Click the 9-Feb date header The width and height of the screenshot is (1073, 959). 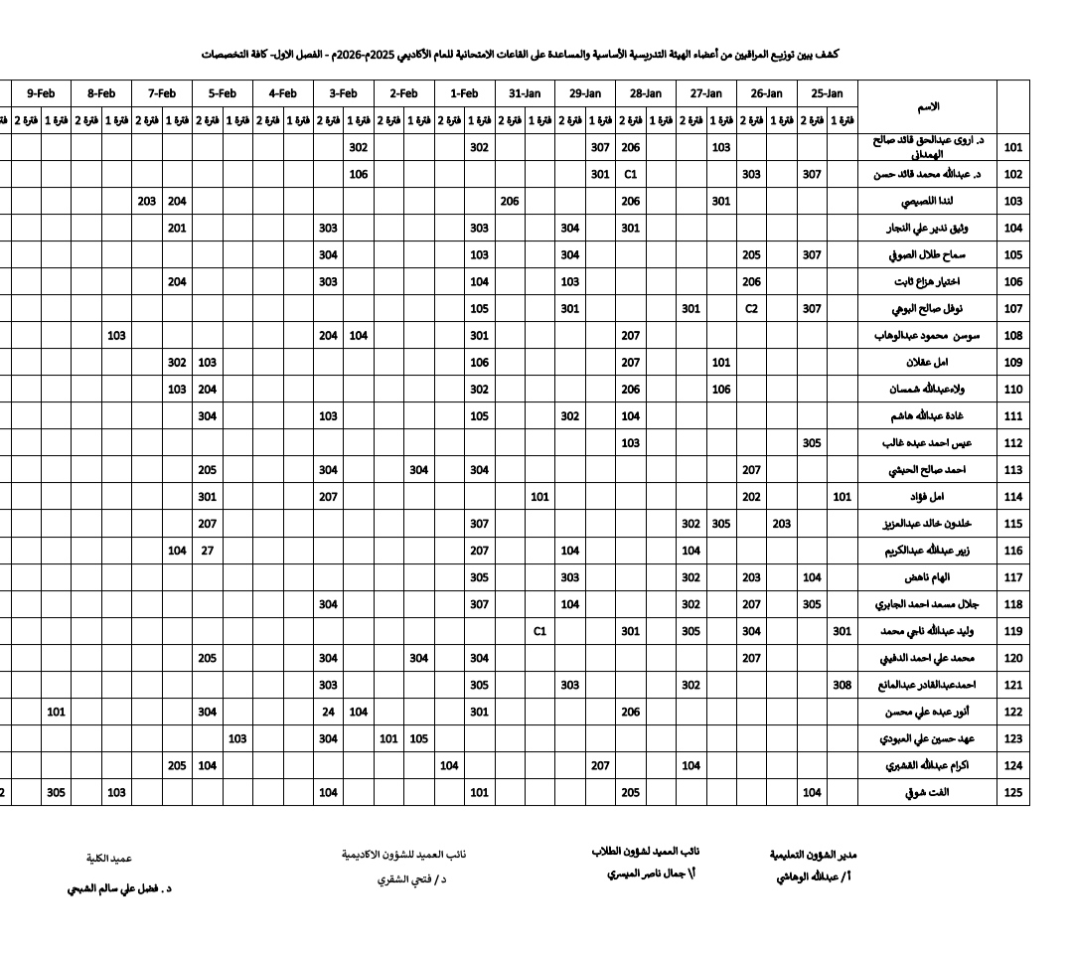pos(41,93)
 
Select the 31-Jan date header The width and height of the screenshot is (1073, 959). pos(525,93)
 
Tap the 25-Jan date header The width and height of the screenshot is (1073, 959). pos(827,93)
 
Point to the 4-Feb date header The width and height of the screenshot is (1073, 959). pos(282,93)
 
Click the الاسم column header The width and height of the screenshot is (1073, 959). pos(927,106)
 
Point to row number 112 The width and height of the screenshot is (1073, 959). pos(1013,443)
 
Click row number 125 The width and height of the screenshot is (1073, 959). pos(1013,793)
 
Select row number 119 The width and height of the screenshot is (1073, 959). pos(1013,631)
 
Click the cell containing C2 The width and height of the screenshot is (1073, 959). pos(751,308)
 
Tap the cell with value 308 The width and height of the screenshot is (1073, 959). pos(843,685)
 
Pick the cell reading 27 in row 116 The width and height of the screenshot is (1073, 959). pos(207,551)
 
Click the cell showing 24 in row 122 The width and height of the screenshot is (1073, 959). pos(328,712)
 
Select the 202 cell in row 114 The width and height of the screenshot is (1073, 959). pos(751,497)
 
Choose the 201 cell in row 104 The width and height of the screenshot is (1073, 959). pos(177,228)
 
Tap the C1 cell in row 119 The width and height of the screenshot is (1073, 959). pos(539,631)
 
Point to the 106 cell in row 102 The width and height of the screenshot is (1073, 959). pos(359,174)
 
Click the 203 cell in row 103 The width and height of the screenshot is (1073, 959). pos(147,201)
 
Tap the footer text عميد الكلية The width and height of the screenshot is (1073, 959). pos(109,858)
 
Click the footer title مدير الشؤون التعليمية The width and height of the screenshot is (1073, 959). pos(813,855)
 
